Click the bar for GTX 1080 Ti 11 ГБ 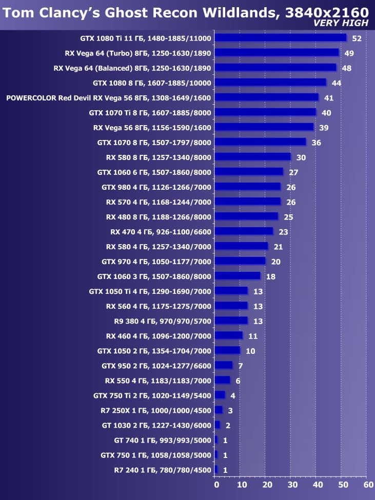point(280,37)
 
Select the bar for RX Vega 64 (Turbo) point(277,52)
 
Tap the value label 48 point(346,68)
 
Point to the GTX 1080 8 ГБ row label point(152,83)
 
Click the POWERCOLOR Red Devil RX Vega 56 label point(108,97)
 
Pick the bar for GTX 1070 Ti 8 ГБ point(265,112)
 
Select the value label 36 point(316,143)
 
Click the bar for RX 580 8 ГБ point(252,157)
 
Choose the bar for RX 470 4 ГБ point(244,231)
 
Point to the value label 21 point(278,247)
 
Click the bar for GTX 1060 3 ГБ point(237,276)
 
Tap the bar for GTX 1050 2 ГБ point(227,350)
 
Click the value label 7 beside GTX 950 point(240,366)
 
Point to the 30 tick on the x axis point(291,485)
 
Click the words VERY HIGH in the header point(341,23)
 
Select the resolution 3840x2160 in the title point(325,12)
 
